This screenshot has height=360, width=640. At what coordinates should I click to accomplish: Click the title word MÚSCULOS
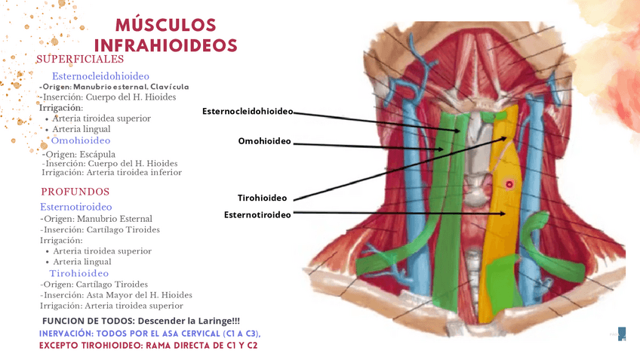(167, 26)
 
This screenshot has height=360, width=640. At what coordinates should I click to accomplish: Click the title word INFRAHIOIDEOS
(166, 45)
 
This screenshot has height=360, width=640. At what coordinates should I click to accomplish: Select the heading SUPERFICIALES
(80, 59)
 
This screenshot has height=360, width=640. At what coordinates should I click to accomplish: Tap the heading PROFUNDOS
(75, 192)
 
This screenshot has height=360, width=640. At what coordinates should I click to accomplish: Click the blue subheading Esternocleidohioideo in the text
(100, 76)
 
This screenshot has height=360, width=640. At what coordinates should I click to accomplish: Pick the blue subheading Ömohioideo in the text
(81, 140)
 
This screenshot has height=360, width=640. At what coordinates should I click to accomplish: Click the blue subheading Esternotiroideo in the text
(76, 206)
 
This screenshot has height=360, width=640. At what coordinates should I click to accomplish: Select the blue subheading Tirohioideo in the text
(79, 273)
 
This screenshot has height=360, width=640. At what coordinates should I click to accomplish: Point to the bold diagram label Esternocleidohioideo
(247, 112)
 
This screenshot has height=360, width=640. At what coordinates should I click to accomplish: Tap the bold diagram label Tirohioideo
(262, 198)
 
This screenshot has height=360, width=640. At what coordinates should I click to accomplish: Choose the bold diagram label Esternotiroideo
(257, 215)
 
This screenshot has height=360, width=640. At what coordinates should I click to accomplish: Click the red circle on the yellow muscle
(509, 184)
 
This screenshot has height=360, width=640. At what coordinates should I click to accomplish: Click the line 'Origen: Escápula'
(78, 154)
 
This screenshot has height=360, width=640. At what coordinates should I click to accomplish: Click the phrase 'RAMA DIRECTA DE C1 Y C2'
(202, 345)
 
